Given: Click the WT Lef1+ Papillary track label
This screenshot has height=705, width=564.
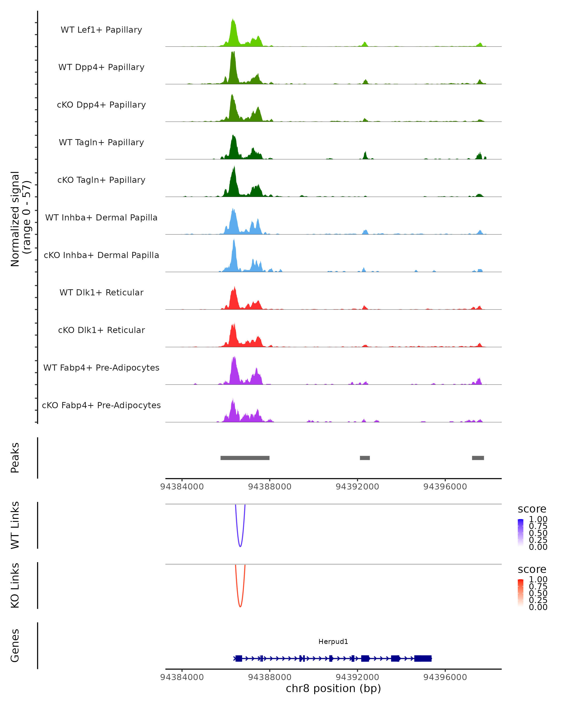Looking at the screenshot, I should pyautogui.click(x=101, y=30).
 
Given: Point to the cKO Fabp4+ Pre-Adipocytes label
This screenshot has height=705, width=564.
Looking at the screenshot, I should pyautogui.click(x=101, y=405).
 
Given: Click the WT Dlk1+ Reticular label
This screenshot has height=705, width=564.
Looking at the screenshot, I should pyautogui.click(x=101, y=292).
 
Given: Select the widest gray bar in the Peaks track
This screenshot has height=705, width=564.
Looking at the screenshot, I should pyautogui.click(x=245, y=458).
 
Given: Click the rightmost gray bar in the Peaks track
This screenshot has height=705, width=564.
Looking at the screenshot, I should pyautogui.click(x=478, y=458).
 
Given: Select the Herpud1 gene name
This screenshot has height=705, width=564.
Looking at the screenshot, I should pyautogui.click(x=333, y=642).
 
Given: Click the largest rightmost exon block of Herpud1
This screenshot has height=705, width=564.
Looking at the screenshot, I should pyautogui.click(x=423, y=658).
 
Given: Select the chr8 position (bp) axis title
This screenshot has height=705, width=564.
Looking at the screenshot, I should pyautogui.click(x=333, y=688).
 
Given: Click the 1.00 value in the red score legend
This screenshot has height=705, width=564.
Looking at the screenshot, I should pyautogui.click(x=538, y=580).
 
